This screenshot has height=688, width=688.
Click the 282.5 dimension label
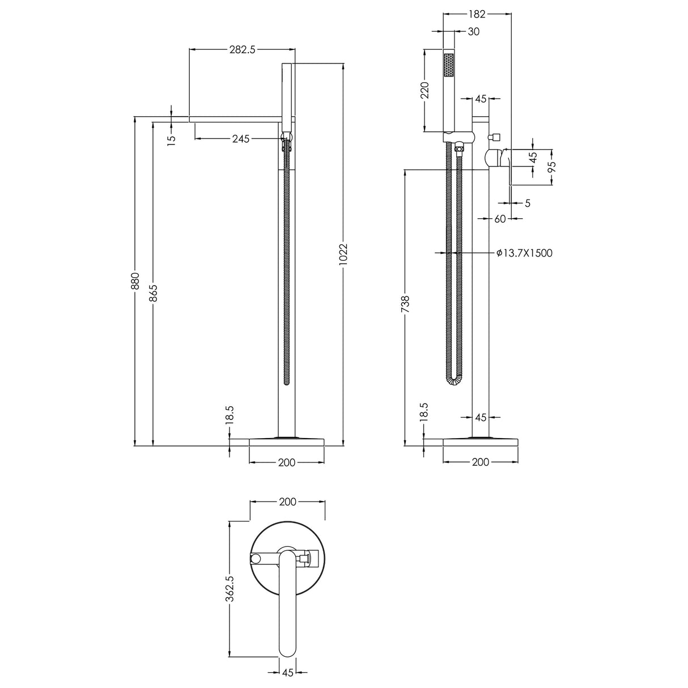tap(242, 49)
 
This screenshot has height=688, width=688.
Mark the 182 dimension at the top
tap(476, 13)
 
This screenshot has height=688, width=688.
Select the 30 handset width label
tap(473, 32)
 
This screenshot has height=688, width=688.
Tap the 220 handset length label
tap(424, 90)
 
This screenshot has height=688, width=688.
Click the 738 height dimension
tap(405, 305)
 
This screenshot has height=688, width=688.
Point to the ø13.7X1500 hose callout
tap(524, 253)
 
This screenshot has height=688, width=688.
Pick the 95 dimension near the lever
tap(553, 167)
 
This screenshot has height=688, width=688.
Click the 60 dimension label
tap(499, 219)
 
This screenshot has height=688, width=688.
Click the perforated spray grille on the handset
tap(449, 70)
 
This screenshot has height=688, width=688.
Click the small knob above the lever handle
tap(495, 137)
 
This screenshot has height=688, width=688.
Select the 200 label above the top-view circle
tap(287, 502)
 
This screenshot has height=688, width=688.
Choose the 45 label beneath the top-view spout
tap(287, 673)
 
